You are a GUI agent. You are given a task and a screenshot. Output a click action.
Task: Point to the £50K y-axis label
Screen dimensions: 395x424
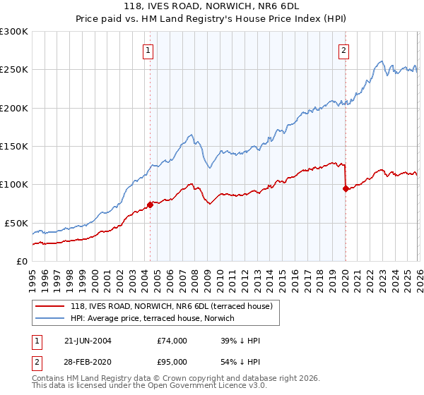[16, 223]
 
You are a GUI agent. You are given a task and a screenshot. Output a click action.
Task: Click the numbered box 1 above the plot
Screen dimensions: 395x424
[149, 50]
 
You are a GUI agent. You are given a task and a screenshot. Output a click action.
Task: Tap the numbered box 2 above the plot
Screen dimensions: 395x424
[344, 50]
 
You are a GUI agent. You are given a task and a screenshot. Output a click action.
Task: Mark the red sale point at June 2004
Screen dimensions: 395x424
[150, 205]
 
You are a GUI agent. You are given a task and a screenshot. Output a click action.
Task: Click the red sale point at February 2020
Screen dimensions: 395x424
[346, 188]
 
